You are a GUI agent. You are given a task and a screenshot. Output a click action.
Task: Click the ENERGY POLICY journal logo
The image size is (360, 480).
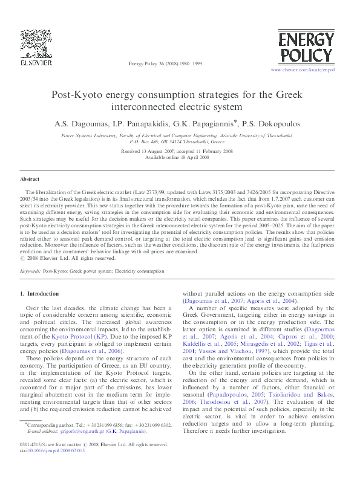pyautogui.click(x=306, y=48)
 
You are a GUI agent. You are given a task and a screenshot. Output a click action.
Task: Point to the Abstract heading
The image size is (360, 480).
pyautogui.click(x=30, y=180)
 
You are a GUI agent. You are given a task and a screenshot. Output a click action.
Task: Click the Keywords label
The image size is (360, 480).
pyautogui.click(x=30, y=272)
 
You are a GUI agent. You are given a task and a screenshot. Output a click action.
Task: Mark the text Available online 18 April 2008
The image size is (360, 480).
pyautogui.click(x=180, y=157)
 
